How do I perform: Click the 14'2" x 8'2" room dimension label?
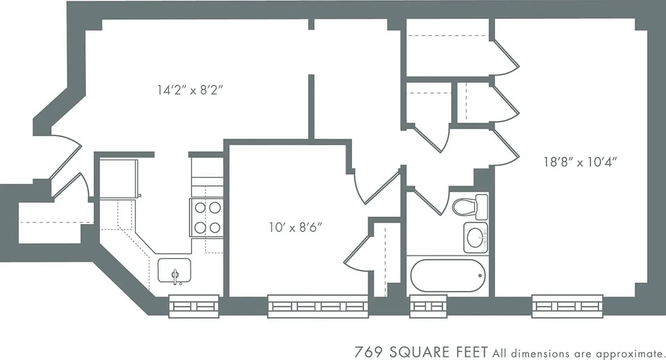point(190,90)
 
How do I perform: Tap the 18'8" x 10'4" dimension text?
point(580,162)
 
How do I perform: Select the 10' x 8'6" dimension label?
point(296,227)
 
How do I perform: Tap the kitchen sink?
point(174,270)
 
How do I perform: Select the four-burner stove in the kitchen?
point(207,217)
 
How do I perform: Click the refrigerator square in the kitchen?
point(118,178)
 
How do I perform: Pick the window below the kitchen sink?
point(194,306)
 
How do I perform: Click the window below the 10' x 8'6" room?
point(318,306)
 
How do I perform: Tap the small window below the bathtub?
point(428,306)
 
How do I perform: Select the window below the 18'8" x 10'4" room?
point(567,306)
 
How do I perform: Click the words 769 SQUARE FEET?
point(421,351)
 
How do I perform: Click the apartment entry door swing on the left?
point(65,155)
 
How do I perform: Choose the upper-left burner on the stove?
point(200,207)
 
